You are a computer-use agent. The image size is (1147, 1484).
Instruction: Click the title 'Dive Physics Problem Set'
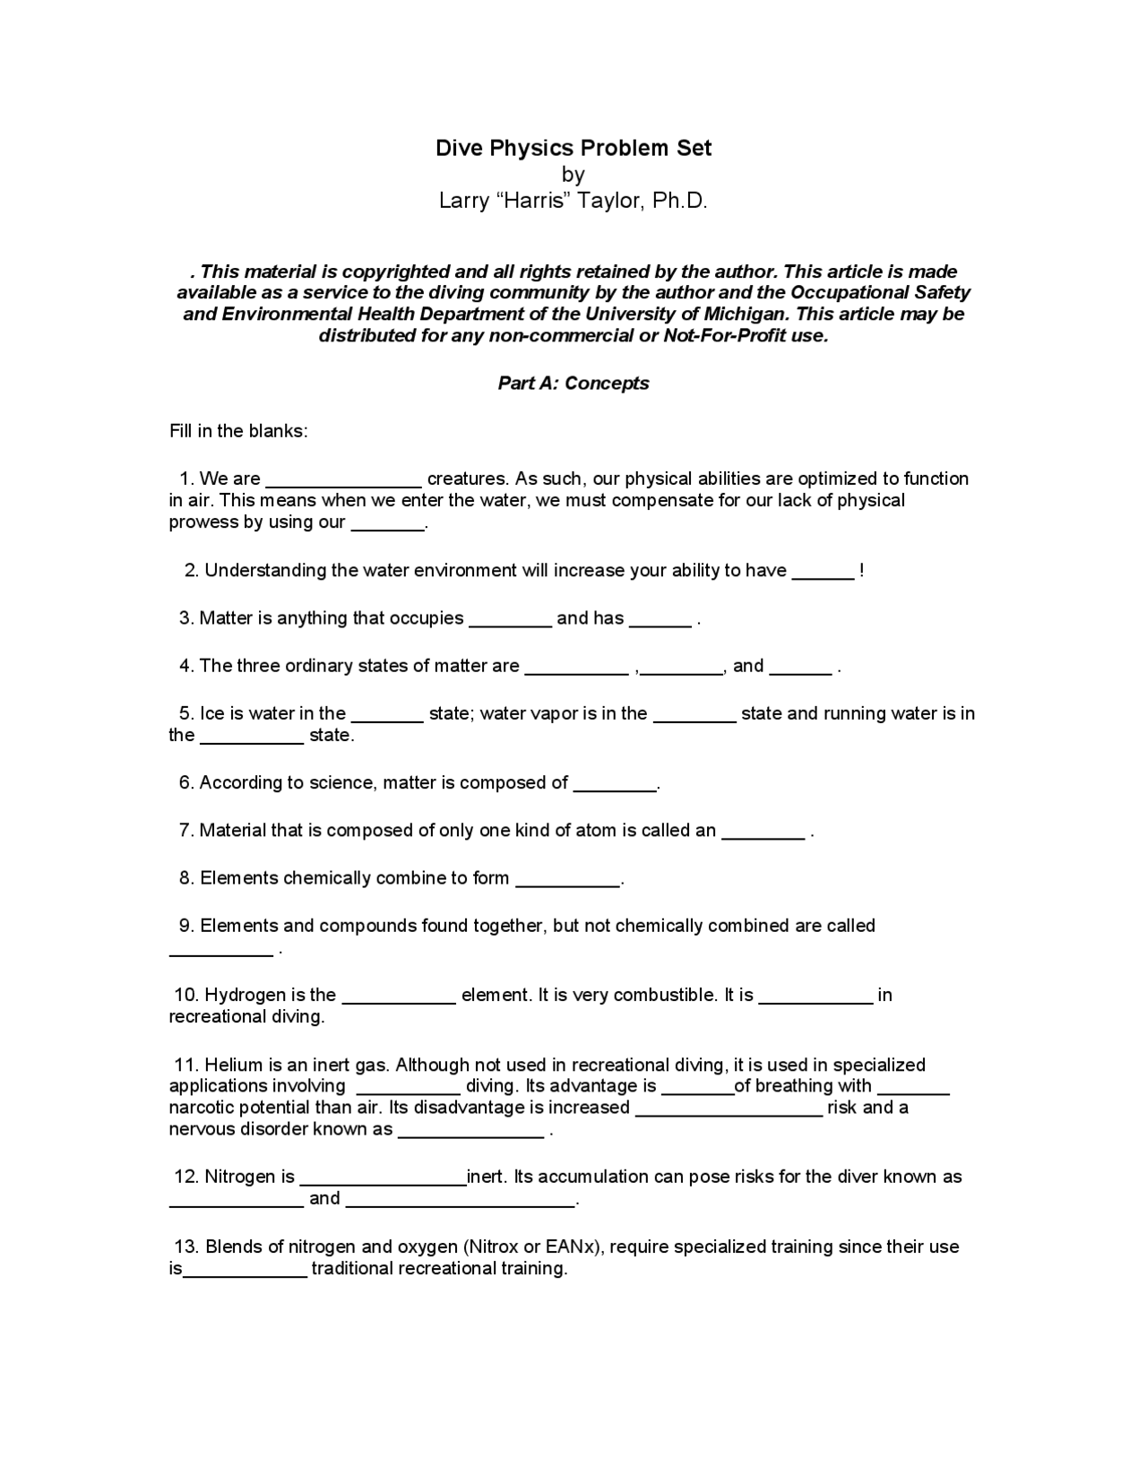click(x=573, y=148)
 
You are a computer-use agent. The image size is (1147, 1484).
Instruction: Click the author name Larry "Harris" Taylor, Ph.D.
click(x=573, y=201)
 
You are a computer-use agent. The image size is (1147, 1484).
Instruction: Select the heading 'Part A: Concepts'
click(x=573, y=384)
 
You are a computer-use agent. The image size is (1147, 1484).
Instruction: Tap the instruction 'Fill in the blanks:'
click(x=238, y=431)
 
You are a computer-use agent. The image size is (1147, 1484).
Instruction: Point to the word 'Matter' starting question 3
click(x=223, y=618)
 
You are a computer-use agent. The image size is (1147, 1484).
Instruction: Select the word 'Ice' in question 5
click(x=211, y=713)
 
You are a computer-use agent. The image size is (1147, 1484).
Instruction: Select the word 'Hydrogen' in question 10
click(x=243, y=996)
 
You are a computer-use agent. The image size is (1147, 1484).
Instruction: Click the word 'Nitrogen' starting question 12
click(x=242, y=1177)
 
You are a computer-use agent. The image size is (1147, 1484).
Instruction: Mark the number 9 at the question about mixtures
click(x=186, y=926)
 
